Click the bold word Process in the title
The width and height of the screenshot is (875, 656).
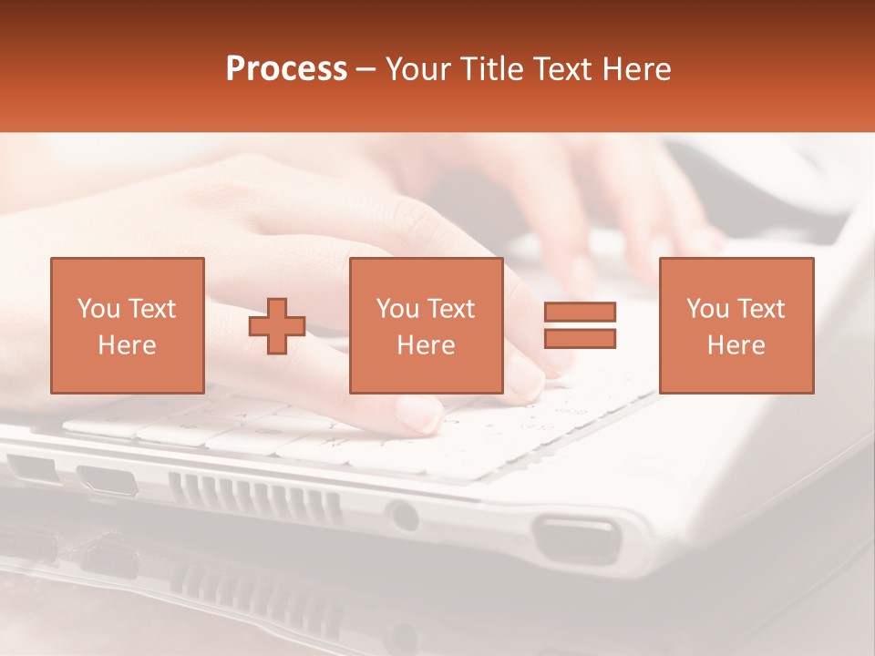click(x=286, y=69)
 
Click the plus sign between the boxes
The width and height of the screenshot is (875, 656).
click(x=277, y=326)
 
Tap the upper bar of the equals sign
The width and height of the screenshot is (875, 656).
click(x=580, y=312)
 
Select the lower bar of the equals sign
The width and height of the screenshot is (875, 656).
click(x=580, y=339)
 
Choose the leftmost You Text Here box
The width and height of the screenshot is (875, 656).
click(x=128, y=325)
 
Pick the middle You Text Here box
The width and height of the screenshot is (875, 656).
click(x=426, y=325)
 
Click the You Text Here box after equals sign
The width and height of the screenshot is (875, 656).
click(x=736, y=325)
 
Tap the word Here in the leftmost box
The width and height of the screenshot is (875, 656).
click(x=128, y=345)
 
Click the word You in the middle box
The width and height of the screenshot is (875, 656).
click(x=397, y=309)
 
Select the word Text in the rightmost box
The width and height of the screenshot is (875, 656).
click(x=760, y=309)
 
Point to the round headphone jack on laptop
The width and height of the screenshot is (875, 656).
click(x=402, y=517)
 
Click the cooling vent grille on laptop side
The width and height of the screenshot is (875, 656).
click(x=254, y=497)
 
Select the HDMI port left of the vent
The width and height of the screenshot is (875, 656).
click(x=107, y=479)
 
